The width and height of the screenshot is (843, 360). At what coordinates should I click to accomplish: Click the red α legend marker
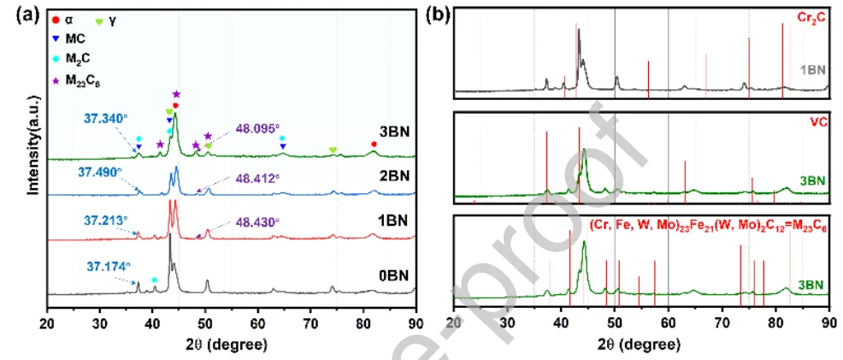point(56,18)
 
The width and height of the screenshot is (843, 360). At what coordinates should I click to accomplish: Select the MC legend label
point(75,38)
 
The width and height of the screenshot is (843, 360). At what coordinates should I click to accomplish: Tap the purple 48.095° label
point(256,130)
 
